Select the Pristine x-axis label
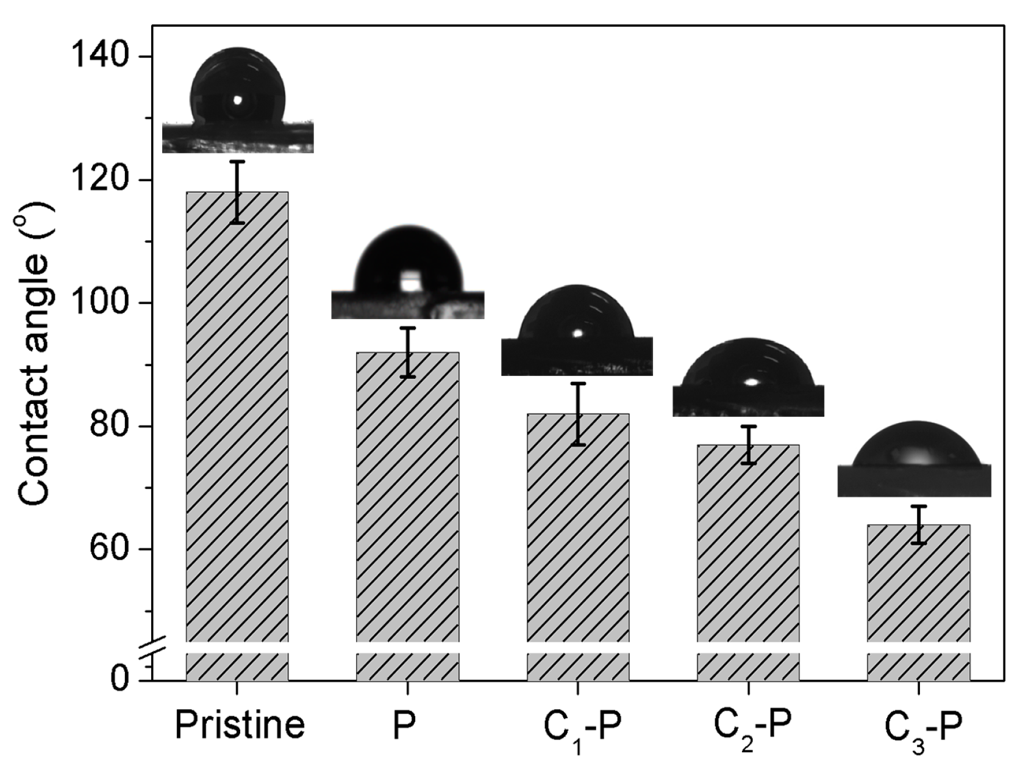(x=240, y=725)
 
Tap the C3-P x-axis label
(x=923, y=730)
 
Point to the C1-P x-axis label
(x=582, y=730)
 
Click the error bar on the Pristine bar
(x=237, y=192)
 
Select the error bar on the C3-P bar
(x=918, y=524)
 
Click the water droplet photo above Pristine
(x=238, y=101)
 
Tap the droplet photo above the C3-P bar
(x=914, y=459)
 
